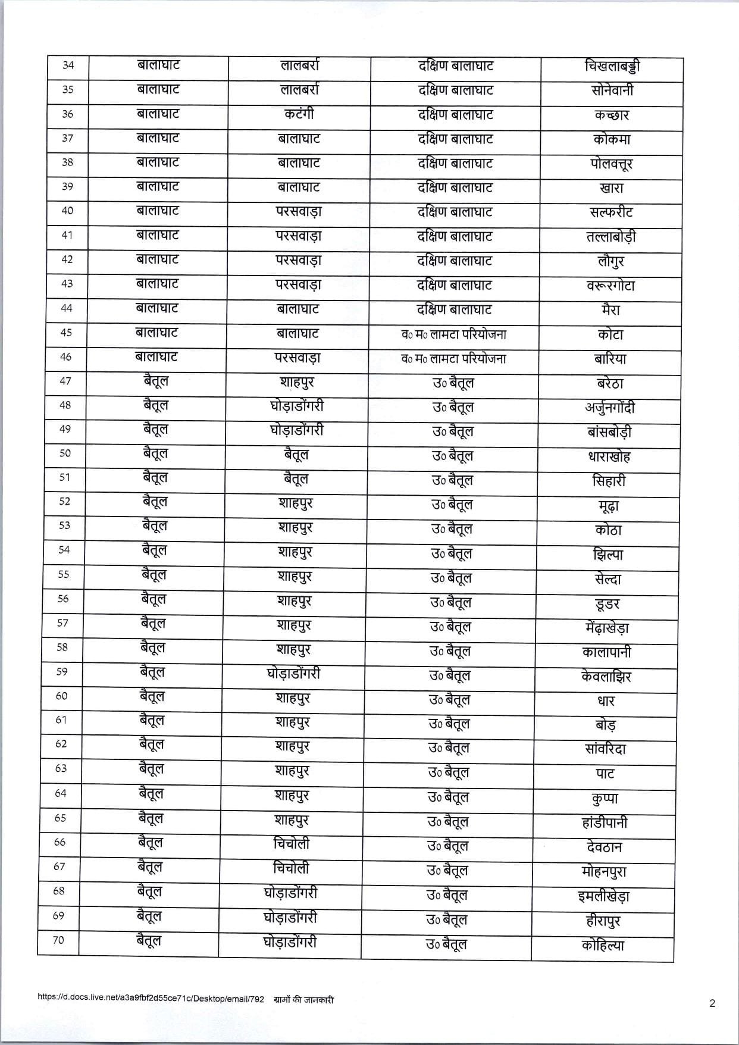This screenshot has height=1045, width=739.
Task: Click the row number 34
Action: tap(68, 65)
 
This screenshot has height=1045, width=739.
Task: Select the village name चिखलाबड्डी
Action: tap(612, 66)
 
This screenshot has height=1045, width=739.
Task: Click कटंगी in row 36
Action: tap(299, 114)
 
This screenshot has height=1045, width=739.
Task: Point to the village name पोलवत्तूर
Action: tap(608, 164)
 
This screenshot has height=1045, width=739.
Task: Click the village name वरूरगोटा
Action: tap(610, 286)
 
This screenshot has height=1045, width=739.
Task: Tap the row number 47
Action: tap(65, 381)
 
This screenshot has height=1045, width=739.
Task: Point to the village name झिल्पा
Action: tap(608, 555)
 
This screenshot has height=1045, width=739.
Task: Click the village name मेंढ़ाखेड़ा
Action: tap(607, 628)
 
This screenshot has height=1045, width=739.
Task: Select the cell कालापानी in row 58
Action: tap(607, 652)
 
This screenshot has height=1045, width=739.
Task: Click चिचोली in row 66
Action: tap(292, 844)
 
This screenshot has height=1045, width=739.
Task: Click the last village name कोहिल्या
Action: tap(603, 945)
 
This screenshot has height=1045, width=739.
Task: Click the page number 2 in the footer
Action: tap(712, 1003)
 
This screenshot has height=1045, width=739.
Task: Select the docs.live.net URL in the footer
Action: tap(151, 999)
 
